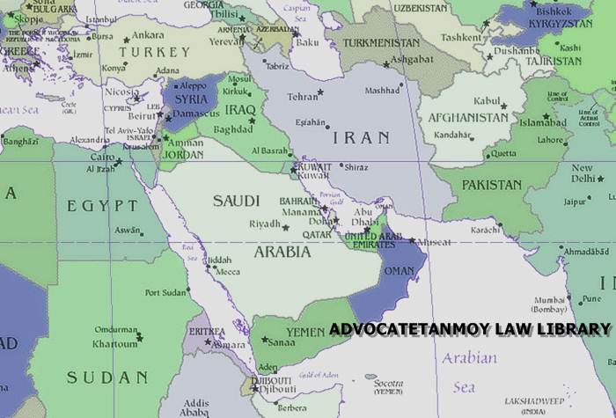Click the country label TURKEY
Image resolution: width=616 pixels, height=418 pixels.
(154, 52)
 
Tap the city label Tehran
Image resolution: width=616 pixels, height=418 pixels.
(303, 96)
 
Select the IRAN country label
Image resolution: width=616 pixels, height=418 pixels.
(359, 138)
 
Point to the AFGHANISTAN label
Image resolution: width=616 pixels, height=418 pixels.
(467, 117)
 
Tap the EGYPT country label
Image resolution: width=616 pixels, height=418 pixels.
(102, 206)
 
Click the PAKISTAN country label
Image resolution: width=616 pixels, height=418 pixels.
(492, 185)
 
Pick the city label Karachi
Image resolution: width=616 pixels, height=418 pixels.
(485, 230)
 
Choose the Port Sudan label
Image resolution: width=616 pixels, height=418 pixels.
(165, 292)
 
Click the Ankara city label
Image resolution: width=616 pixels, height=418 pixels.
(148, 35)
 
